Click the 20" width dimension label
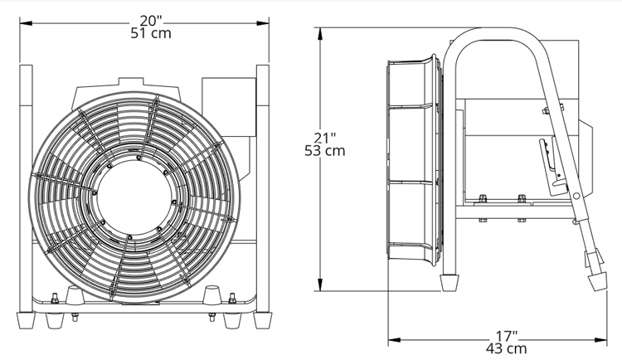151,21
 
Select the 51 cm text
151,33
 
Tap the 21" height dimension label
325,139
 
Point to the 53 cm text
325,151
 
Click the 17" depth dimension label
507,336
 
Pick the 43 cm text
507,349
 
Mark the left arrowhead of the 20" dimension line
26,23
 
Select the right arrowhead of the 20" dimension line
263,23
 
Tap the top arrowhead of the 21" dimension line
320,34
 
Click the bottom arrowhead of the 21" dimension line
320,285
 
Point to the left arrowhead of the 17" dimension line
394,340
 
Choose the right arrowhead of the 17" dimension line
600,340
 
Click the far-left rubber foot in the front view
27,320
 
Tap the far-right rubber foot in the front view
263,320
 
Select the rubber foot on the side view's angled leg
598,282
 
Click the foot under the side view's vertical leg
449,283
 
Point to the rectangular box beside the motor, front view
229,107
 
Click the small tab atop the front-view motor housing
131,81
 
